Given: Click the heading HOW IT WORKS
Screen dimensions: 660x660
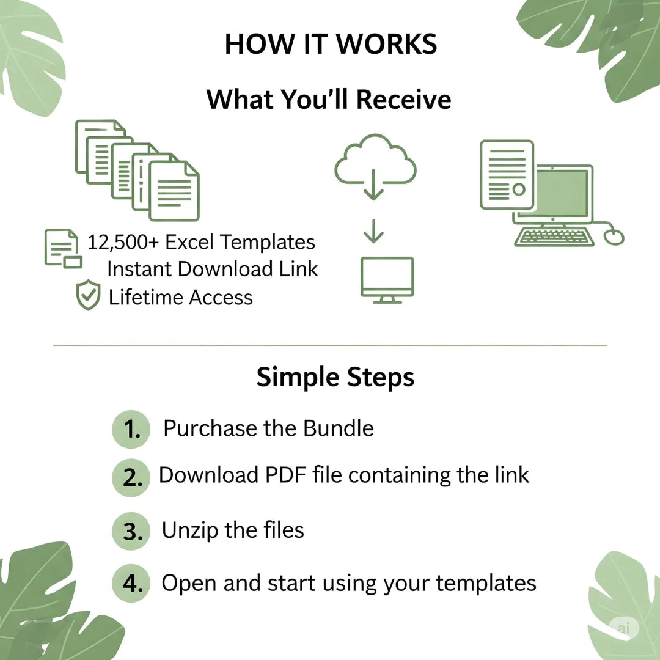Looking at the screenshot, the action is pos(331,44).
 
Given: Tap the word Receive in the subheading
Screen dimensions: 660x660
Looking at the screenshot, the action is pos(404,100).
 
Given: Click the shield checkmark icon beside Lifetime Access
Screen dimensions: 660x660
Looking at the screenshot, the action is pos(88,295).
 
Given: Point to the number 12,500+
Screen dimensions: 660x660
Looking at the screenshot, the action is pos(123,243).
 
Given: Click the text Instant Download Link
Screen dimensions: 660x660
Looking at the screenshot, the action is pos(213,269).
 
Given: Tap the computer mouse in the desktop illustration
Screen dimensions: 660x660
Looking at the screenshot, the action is pos(614,237).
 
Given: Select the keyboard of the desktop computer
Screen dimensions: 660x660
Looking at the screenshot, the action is pos(554,237).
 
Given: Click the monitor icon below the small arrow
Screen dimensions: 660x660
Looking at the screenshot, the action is pos(387,280).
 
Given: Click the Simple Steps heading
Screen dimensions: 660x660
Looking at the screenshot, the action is pos(335,376).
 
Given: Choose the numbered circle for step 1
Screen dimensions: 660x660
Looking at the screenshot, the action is pos(131,429).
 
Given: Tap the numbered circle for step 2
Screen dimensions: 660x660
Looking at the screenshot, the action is pos(131,478).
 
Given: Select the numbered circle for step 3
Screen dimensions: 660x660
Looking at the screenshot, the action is pos(131,531).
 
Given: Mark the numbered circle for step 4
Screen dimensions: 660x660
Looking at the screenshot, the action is pos(131,584).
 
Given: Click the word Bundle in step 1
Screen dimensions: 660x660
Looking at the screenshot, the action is pos(339,428).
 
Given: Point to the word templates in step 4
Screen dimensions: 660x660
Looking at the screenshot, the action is pos(486,584).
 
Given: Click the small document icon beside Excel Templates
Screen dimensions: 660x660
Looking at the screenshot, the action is pos(63,248).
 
